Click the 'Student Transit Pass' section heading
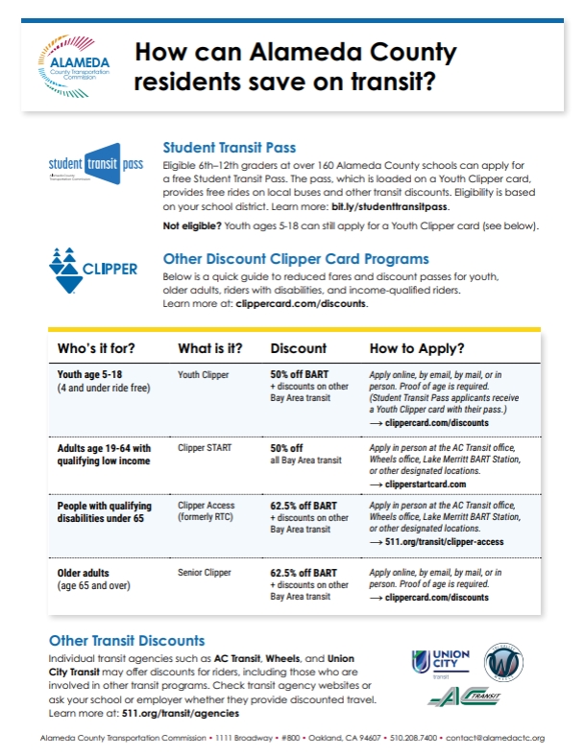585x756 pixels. tap(229, 148)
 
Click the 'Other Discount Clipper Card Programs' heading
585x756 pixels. tap(296, 259)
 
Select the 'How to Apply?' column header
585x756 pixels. tap(417, 348)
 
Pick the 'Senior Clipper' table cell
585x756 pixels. tap(205, 573)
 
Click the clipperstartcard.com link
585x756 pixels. tap(429, 484)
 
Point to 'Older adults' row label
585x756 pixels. tap(84, 573)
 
